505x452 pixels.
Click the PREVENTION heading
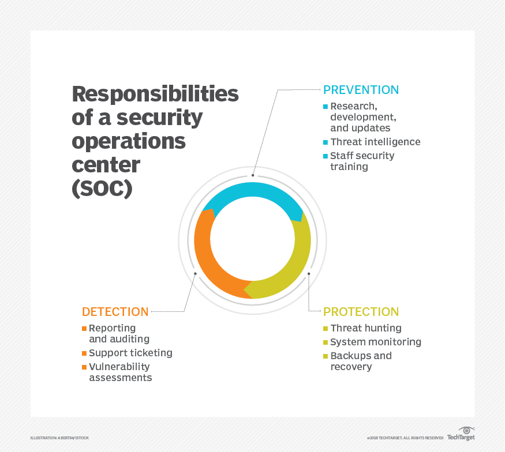(361, 90)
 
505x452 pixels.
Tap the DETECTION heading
(115, 312)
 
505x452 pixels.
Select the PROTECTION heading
(361, 312)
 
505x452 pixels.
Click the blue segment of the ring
(253, 190)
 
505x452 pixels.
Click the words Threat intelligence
(375, 142)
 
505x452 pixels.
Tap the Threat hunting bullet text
(366, 328)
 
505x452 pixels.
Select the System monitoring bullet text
(376, 342)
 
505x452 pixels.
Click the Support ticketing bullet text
(131, 353)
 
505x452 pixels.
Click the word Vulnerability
(119, 367)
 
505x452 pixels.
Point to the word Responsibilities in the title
(155, 94)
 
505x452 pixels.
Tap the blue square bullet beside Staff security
(326, 156)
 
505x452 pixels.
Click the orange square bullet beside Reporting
(84, 329)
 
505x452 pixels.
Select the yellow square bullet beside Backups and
(326, 356)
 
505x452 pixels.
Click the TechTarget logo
(461, 434)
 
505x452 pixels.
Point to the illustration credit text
(59, 438)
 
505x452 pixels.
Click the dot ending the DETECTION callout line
(195, 274)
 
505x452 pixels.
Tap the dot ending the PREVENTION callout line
(253, 175)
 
